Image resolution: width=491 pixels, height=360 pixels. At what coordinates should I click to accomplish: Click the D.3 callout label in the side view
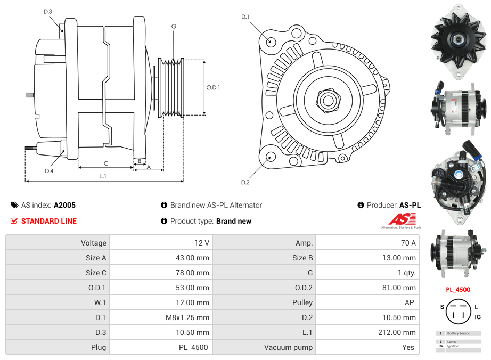click(48, 11)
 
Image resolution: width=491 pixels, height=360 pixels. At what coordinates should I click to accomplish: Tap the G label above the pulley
click(174, 26)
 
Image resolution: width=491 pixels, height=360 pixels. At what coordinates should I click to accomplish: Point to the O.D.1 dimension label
click(213, 87)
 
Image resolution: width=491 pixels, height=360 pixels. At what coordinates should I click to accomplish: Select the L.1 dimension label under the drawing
click(103, 176)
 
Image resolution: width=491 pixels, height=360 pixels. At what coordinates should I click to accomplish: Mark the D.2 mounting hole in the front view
click(270, 157)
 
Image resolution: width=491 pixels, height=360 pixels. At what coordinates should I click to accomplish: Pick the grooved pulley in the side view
click(171, 87)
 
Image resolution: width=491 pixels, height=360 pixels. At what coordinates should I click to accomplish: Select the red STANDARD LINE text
click(48, 221)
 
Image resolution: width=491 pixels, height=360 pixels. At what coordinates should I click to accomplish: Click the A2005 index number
click(64, 205)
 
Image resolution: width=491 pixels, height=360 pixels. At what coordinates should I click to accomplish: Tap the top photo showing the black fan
click(458, 40)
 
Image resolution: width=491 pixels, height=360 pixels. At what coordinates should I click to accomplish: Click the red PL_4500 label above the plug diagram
click(458, 290)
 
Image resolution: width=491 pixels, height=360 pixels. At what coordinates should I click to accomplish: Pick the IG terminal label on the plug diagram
click(478, 317)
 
